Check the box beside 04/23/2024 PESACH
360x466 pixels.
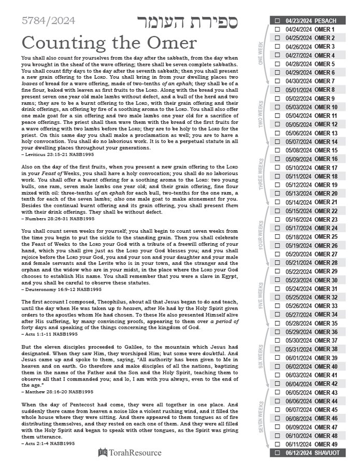(x=277, y=21)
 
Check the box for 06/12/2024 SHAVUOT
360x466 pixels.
(x=277, y=453)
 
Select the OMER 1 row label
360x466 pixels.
(x=325, y=30)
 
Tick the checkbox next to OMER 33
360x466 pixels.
(x=277, y=306)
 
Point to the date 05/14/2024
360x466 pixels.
(x=299, y=202)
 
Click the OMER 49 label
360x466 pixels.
(x=326, y=444)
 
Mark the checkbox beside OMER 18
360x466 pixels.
(x=277, y=176)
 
